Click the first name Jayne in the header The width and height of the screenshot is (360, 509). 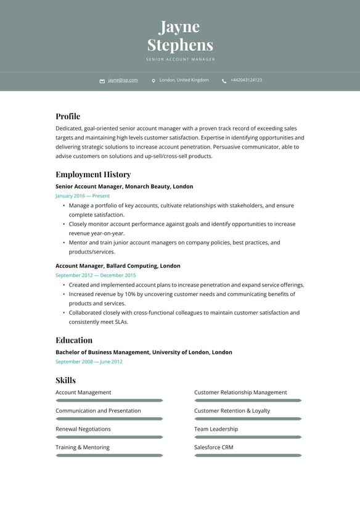point(179,27)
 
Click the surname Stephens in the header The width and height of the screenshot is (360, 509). point(180,45)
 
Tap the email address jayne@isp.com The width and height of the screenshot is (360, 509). point(123,80)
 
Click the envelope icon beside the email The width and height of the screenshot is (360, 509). point(102,81)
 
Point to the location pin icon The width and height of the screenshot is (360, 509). point(153,81)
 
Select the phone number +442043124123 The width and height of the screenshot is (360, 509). point(246,80)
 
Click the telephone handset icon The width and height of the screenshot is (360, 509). point(224,81)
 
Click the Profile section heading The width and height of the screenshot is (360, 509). point(68,116)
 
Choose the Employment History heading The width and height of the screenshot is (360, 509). point(93,175)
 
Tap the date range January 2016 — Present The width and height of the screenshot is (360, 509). point(83,196)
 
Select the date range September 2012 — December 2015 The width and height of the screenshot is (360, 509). point(96,275)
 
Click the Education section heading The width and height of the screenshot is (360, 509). point(74,340)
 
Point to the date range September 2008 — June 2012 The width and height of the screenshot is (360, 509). point(89,362)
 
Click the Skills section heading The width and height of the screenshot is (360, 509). point(65,380)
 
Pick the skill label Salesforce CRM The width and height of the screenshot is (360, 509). point(214,447)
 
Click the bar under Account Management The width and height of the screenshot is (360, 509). point(109,400)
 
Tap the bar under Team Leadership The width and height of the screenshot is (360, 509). point(248,437)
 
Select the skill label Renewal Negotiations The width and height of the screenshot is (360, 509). point(83,429)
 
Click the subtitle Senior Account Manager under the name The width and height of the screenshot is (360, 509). point(180,60)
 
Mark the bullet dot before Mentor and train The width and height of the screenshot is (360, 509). point(63,243)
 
